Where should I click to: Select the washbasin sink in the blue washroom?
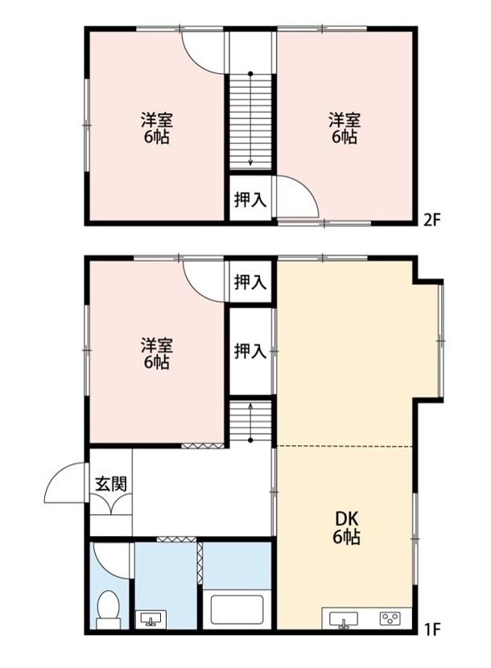point(151,618)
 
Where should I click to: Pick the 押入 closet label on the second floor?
point(250,200)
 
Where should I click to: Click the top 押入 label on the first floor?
point(250,282)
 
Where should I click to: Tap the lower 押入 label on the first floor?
point(250,351)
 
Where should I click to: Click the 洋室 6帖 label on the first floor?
point(157,354)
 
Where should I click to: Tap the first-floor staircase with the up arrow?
point(250,421)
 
